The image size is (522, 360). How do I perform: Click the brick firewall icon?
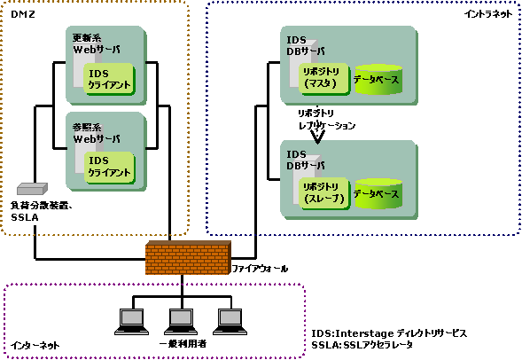pos(188,257)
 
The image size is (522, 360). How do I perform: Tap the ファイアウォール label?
pos(260,269)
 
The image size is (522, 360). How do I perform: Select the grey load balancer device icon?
pos(32,189)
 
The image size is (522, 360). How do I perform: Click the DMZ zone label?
pos(23,14)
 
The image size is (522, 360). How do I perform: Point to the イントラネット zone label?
pos(488,14)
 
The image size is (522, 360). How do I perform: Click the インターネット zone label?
pos(35,345)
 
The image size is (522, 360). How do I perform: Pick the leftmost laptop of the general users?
pos(132,322)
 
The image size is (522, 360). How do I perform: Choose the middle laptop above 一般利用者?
pos(181,322)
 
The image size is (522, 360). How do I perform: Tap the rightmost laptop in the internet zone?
pos(230,322)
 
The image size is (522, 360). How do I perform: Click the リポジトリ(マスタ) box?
pos(323,79)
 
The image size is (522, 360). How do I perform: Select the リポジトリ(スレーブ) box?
pos(324,193)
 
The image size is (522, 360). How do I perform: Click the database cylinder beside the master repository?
pos(378,80)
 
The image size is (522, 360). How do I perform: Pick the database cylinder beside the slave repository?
pos(378,194)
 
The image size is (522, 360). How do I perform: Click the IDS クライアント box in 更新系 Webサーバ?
pos(109,79)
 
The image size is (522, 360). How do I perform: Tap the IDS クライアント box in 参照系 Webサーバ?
pos(109,168)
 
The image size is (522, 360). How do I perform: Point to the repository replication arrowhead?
pos(317,138)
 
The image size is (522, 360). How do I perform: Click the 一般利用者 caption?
pos(183,344)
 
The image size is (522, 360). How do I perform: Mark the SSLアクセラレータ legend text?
pos(378,345)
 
